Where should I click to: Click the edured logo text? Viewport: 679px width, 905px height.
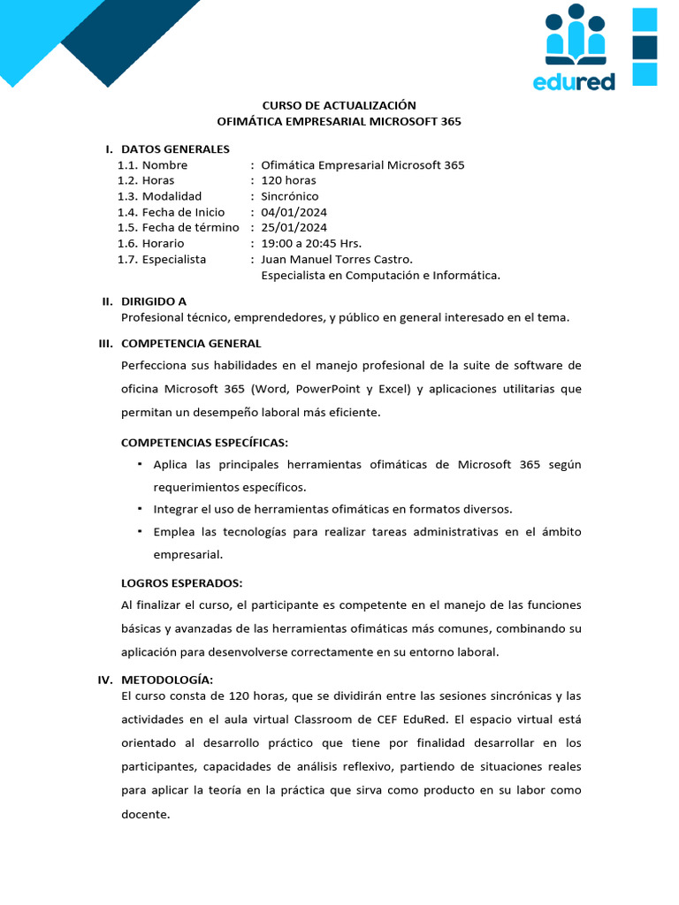[x=575, y=82]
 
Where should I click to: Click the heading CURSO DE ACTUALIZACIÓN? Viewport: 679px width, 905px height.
[x=339, y=105]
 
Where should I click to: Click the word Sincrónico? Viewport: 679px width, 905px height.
[x=290, y=196]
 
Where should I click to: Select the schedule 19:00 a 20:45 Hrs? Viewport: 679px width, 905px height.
[x=312, y=243]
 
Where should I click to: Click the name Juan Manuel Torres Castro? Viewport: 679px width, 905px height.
[x=337, y=259]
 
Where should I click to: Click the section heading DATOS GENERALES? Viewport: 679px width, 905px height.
[x=175, y=149]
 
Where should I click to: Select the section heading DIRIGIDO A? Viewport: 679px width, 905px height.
[x=154, y=301]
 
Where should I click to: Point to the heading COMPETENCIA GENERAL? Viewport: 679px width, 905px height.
[x=191, y=343]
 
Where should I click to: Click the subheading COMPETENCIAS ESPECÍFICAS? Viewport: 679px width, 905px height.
[x=204, y=442]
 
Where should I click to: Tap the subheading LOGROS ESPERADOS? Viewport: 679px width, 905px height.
[x=181, y=583]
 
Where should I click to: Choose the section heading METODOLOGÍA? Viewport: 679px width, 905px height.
[x=167, y=680]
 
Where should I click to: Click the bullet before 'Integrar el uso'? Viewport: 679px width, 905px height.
[x=140, y=508]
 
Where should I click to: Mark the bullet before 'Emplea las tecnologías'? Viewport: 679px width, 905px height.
[x=140, y=531]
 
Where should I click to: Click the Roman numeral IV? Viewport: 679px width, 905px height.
[x=105, y=680]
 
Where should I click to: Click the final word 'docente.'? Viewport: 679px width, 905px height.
[x=145, y=814]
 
